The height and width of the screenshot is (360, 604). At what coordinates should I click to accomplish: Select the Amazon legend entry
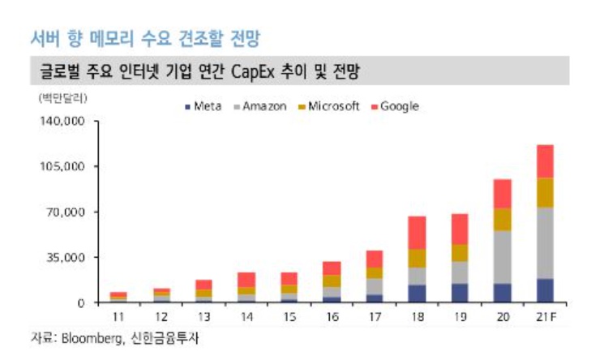[260, 106]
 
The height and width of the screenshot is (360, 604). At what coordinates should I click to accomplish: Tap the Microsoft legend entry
[328, 106]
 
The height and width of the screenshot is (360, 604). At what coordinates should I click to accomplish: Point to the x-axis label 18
[417, 315]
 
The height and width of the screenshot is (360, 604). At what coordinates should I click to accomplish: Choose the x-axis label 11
[118, 315]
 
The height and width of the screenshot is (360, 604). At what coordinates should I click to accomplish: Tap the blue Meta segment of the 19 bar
[460, 293]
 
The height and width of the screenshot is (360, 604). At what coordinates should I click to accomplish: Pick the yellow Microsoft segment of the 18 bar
[417, 258]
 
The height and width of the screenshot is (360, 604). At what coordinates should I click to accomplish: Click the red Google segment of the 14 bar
[246, 280]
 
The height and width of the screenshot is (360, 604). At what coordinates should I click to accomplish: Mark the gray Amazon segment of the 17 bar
[375, 286]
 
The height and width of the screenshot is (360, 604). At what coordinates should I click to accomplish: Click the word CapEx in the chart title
[257, 72]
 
